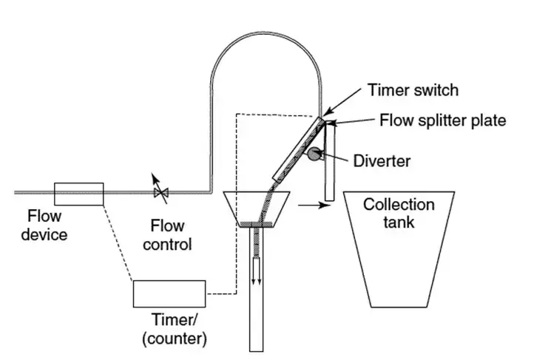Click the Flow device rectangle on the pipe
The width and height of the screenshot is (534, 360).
[x=79, y=193]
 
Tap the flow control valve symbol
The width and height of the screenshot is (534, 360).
[x=160, y=193]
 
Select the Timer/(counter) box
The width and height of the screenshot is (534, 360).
[x=169, y=293]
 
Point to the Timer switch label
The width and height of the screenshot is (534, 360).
[x=413, y=90]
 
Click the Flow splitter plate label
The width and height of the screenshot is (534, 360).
[x=442, y=120]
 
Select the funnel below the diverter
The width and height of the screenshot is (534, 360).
[x=255, y=207]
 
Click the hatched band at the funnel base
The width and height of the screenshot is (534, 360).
[x=255, y=223]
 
